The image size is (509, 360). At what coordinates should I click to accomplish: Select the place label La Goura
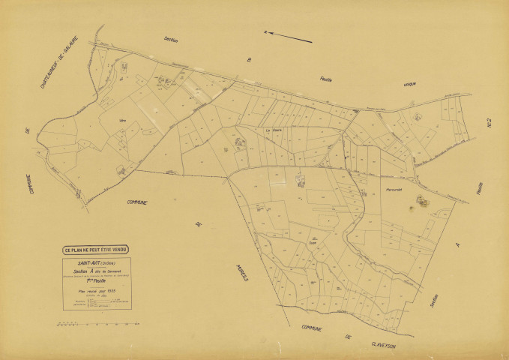coord(274,129)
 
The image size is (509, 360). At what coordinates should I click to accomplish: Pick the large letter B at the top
coord(251,57)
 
